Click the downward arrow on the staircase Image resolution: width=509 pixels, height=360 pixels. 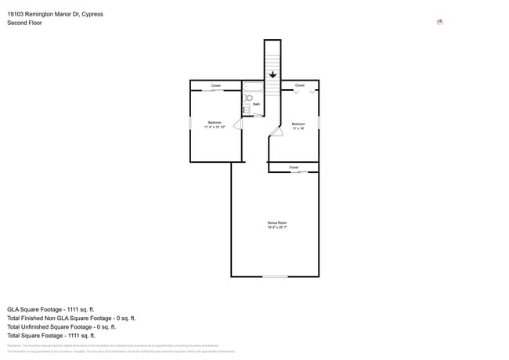click(x=273, y=75)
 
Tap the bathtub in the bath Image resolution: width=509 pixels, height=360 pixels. click(x=253, y=87)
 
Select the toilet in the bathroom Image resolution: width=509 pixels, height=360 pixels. click(x=249, y=99)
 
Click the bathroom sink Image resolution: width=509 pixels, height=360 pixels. click(x=246, y=110)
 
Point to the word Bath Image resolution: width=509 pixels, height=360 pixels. click(x=256, y=104)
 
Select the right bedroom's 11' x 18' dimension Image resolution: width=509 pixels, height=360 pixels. click(x=298, y=128)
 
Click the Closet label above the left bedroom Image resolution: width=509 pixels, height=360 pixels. click(x=215, y=85)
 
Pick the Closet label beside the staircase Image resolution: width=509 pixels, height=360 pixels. click(x=299, y=85)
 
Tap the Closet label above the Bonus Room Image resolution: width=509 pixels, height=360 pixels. click(x=294, y=167)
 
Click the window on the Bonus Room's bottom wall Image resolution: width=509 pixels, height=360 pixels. click(x=274, y=276)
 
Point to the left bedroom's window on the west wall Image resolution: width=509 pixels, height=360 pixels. click(x=190, y=123)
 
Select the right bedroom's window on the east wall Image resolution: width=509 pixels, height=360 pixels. click(x=319, y=123)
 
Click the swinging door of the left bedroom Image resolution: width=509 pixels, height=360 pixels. click(x=238, y=123)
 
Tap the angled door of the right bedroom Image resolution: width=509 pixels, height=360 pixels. click(x=275, y=132)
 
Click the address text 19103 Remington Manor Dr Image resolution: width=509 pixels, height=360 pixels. click(x=55, y=14)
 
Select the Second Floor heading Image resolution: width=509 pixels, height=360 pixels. click(x=25, y=23)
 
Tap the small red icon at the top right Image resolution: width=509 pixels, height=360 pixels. click(x=439, y=22)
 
